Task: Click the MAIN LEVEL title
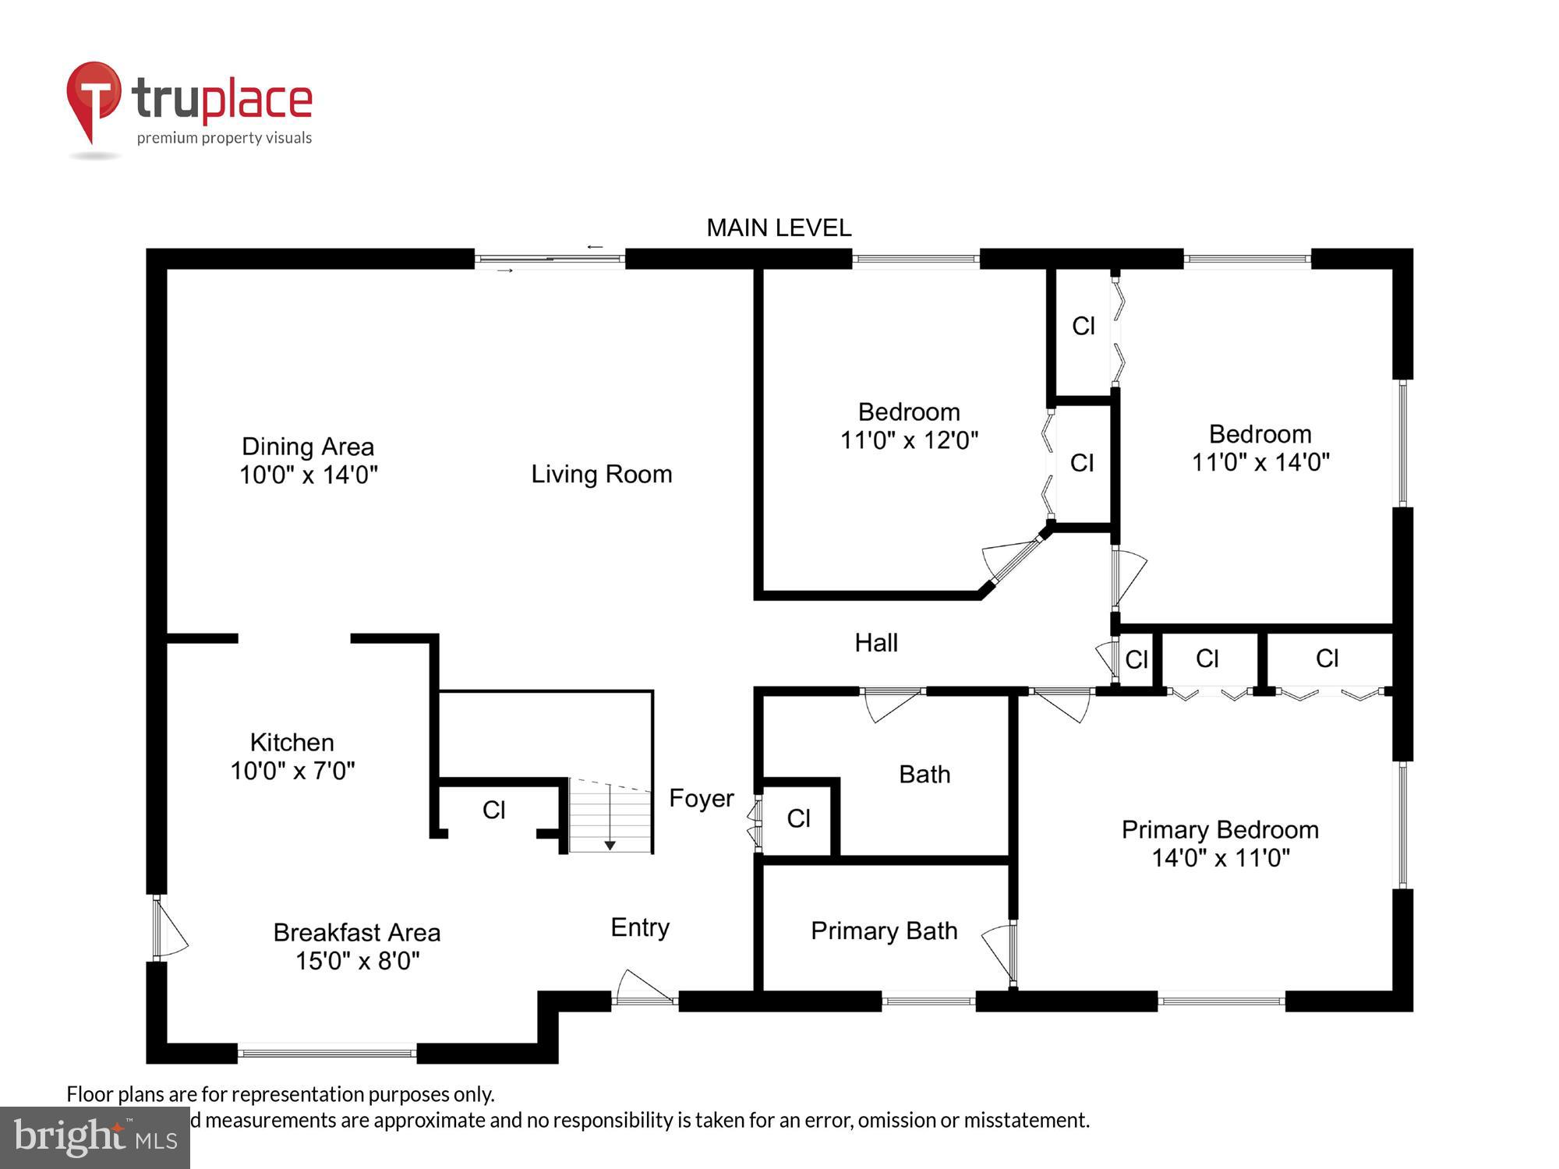tap(778, 228)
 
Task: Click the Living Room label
tap(601, 474)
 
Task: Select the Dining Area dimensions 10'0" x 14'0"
tap(308, 475)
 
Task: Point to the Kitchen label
tap(292, 742)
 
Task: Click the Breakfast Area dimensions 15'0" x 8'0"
tap(357, 960)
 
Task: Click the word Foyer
tap(701, 798)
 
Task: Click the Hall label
tap(875, 643)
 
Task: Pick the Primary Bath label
tap(883, 931)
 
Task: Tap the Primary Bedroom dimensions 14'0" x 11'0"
tap(1220, 858)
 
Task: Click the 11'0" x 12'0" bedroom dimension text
tap(908, 440)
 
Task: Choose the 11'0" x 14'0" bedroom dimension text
tap(1260, 462)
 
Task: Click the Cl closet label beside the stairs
tap(493, 810)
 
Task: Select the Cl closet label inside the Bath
tap(798, 818)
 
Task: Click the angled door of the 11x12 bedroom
tap(1015, 560)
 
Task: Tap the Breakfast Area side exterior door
tap(168, 927)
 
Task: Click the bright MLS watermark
tap(95, 1138)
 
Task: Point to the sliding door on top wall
tap(550, 259)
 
